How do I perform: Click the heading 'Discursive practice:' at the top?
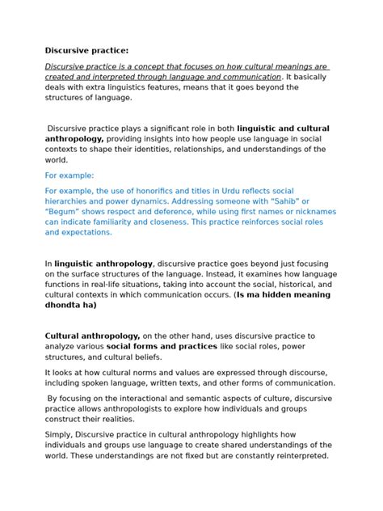click(x=84, y=50)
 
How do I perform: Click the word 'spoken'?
click(x=106, y=382)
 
